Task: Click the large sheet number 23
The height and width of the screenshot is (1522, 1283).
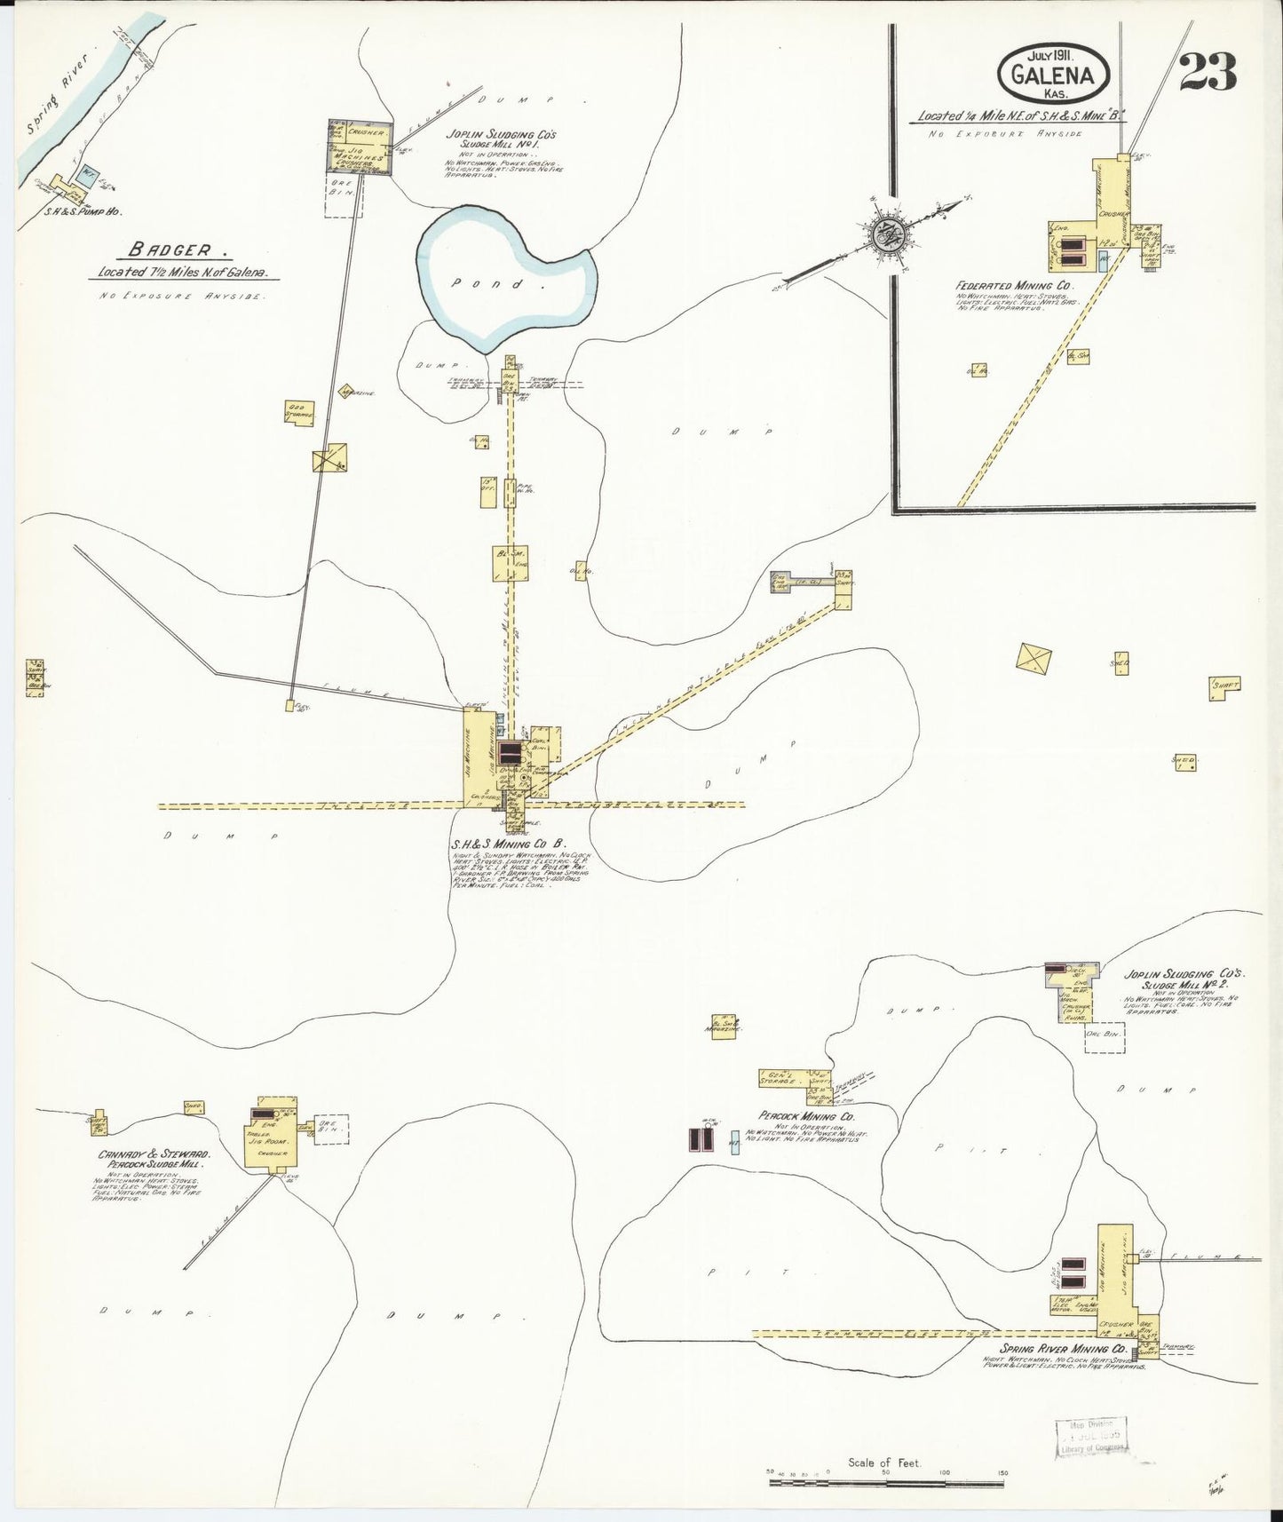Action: (1208, 71)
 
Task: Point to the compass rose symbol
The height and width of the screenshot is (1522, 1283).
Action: (885, 234)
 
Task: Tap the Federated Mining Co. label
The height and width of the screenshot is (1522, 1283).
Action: (1015, 287)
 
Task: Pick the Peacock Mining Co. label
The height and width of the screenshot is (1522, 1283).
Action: (806, 1115)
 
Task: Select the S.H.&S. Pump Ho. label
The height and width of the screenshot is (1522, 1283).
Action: (83, 213)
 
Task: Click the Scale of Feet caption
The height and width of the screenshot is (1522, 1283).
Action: (884, 1463)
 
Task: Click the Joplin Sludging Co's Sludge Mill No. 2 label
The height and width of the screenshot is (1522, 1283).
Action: (1184, 979)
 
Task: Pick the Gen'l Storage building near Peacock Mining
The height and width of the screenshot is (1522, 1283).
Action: (782, 1078)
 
